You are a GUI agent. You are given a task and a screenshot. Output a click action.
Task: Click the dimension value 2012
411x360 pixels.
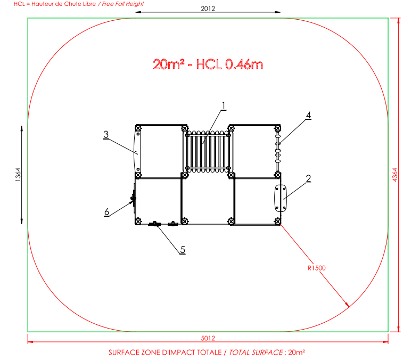pyautogui.click(x=208, y=9)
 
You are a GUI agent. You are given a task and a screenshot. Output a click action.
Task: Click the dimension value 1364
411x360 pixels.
pyautogui.click(x=18, y=174)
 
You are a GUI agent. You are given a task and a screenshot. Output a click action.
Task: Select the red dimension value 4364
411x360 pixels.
pyautogui.click(x=394, y=175)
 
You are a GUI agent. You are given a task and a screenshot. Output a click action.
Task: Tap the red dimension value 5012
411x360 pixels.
pyautogui.click(x=208, y=338)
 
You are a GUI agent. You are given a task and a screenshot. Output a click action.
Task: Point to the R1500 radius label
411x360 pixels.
pyautogui.click(x=316, y=268)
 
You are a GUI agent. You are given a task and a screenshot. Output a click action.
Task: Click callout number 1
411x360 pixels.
pyautogui.click(x=223, y=106)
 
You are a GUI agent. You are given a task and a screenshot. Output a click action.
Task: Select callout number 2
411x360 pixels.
pyautogui.click(x=308, y=178)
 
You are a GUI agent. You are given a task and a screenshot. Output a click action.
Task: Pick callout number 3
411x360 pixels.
pyautogui.click(x=106, y=135)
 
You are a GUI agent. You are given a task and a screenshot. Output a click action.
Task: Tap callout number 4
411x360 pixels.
pyautogui.click(x=308, y=116)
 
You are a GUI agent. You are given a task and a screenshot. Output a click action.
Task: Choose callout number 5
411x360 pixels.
pyautogui.click(x=183, y=250)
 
